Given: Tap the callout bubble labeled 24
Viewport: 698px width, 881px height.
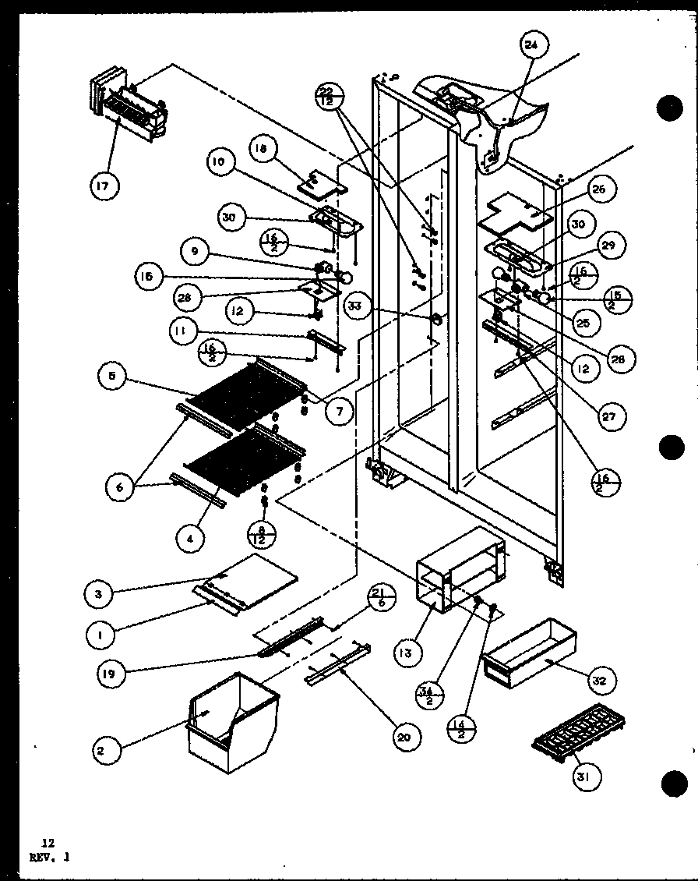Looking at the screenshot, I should (x=531, y=45).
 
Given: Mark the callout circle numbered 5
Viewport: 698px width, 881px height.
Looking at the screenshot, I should (x=115, y=377).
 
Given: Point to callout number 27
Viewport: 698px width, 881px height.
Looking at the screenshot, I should (x=608, y=417).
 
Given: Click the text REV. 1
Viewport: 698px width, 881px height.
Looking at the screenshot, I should (x=50, y=856).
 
